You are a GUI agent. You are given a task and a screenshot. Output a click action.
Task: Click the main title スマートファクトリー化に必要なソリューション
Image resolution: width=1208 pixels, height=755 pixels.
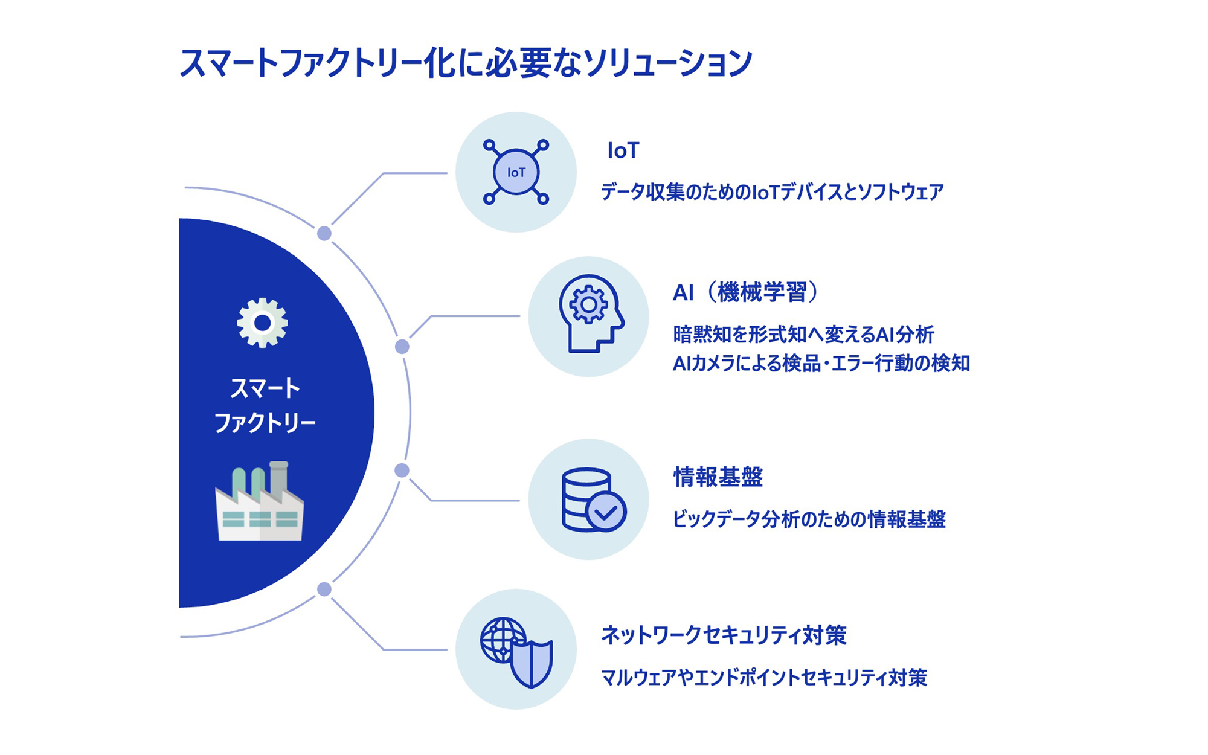[466, 63]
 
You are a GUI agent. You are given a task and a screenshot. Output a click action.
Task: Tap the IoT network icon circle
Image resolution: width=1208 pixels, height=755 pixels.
[516, 172]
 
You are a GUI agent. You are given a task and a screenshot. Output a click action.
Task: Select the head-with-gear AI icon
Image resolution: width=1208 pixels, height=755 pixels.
[590, 314]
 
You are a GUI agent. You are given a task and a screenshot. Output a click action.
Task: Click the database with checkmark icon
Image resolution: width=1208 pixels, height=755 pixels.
[592, 500]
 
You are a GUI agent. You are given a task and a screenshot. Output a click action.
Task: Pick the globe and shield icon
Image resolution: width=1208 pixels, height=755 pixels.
[516, 651]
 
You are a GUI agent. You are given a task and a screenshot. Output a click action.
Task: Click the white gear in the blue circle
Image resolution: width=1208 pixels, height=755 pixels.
[262, 323]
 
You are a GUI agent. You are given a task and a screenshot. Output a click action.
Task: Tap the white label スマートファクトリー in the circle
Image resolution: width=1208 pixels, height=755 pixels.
[265, 405]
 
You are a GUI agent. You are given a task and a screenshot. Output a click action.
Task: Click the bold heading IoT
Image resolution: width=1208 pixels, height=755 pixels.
[623, 150]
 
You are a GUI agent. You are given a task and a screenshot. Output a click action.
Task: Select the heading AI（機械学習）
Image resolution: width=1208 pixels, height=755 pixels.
[746, 292]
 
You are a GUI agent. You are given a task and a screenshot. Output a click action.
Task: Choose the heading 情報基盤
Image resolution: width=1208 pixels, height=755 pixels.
[718, 477]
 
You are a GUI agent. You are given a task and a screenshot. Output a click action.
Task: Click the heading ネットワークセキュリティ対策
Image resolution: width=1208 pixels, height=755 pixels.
[724, 635]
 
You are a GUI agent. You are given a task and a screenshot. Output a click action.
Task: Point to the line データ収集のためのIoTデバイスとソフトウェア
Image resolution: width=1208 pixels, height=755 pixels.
[772, 192]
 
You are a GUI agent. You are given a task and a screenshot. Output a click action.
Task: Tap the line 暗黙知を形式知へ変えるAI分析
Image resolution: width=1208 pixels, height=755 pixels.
[803, 334]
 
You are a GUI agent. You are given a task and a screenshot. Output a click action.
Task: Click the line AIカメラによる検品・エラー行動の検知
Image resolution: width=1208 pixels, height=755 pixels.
[821, 364]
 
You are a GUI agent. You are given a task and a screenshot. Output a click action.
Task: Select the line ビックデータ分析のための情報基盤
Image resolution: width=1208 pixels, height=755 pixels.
[809, 519]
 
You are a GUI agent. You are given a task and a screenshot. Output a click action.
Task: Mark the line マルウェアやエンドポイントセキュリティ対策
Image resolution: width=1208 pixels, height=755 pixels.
[763, 678]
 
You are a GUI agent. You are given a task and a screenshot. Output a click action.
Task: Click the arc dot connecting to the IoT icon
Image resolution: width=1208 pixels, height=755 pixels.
[324, 234]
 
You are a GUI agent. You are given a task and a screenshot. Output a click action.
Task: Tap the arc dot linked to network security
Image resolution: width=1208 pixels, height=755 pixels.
[324, 590]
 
